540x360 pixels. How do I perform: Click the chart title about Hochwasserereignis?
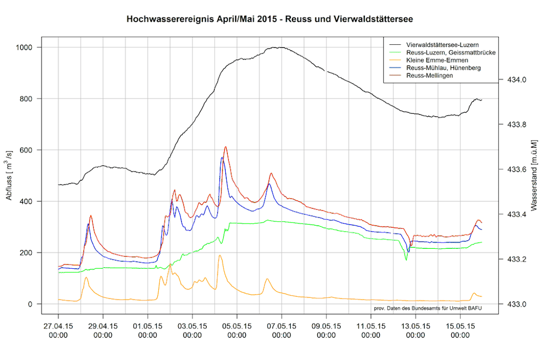[x=269, y=20]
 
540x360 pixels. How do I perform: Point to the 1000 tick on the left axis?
[x=24, y=47]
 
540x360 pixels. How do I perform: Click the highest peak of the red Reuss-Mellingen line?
[x=226, y=147]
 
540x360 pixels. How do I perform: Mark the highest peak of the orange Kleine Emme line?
[x=220, y=255]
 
